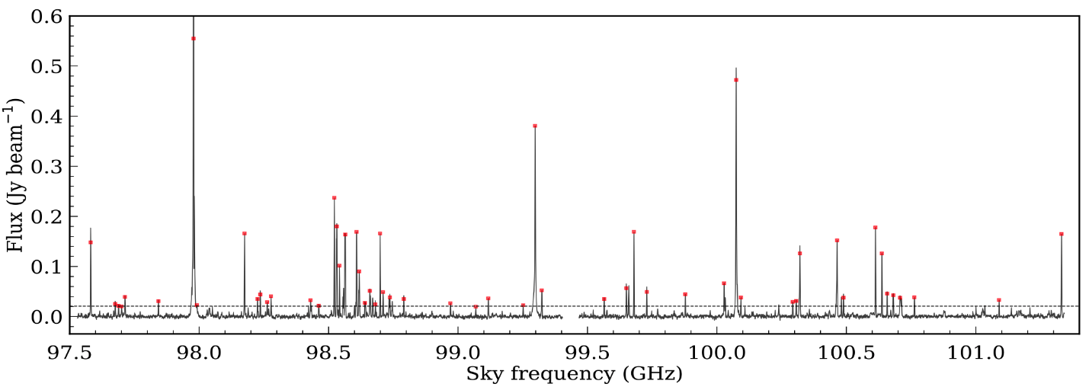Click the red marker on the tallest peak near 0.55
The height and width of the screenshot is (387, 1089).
coord(194,38)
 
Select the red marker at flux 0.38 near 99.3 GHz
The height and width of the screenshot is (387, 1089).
coord(535,126)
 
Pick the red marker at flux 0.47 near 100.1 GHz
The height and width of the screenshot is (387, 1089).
coord(736,80)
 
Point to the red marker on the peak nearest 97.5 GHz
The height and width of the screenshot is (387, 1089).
coord(91,242)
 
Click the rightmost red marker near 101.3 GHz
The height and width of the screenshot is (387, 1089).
coord(1062,234)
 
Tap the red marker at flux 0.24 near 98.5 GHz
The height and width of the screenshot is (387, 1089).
coord(334,198)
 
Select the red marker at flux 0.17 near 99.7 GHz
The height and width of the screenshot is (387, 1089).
coord(633,232)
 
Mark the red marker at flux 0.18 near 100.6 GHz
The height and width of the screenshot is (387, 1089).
coord(875,227)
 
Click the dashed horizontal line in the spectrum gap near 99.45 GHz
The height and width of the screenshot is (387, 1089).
coord(571,306)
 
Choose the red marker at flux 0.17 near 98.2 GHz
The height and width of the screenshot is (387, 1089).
coord(245,233)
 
